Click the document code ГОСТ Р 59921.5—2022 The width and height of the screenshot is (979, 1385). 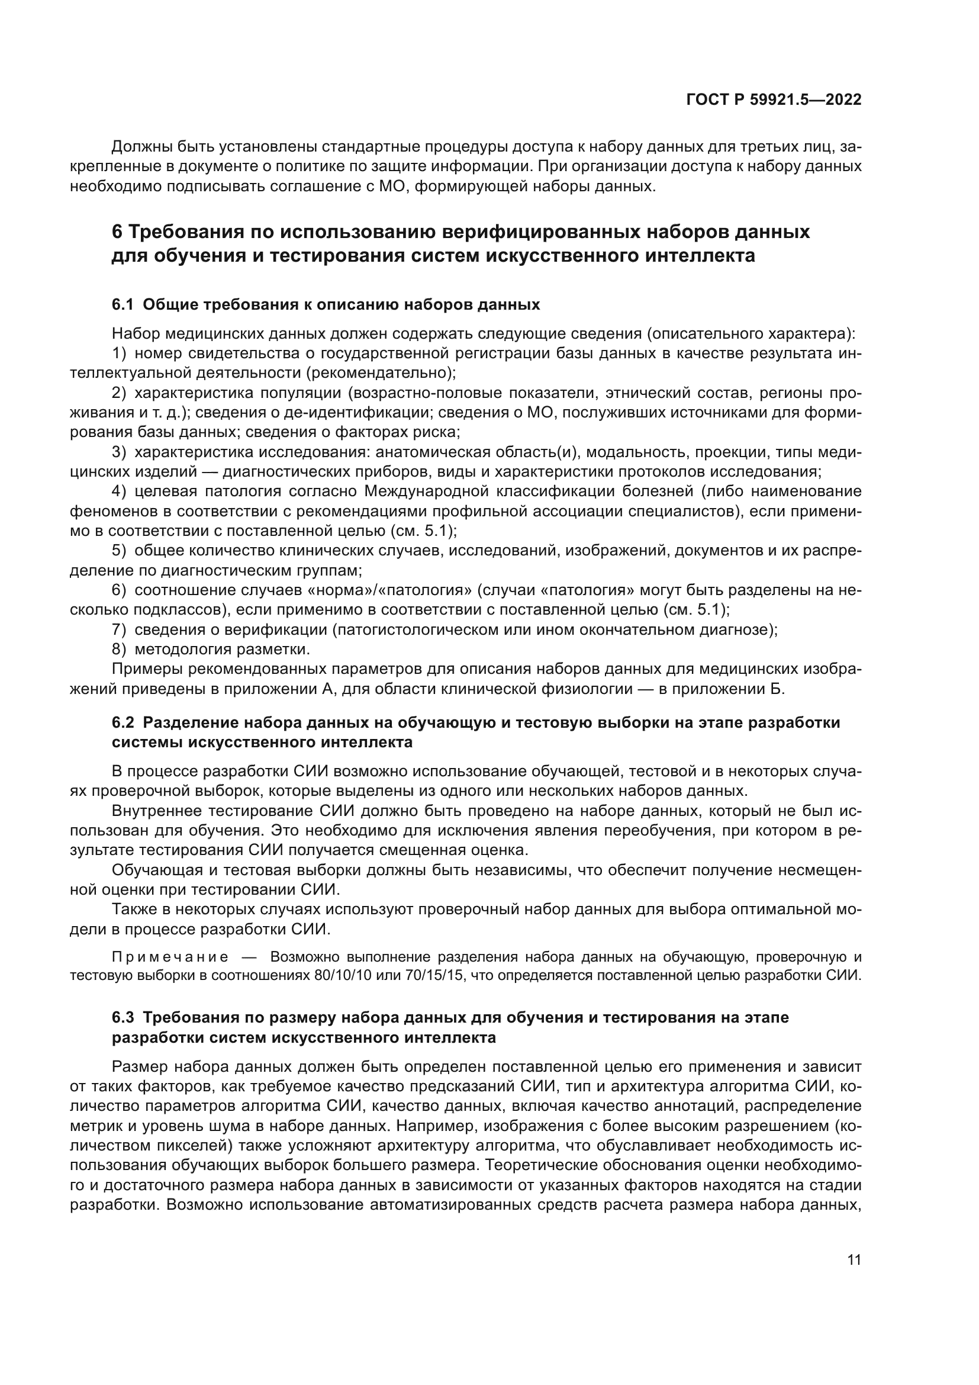click(774, 100)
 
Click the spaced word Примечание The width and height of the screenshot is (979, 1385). click(170, 957)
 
